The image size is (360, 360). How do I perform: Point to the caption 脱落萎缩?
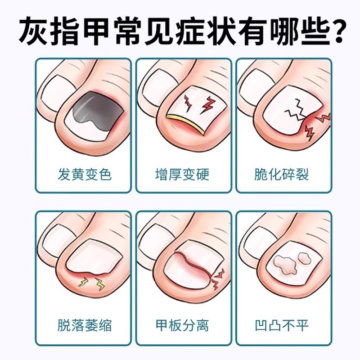(x=84, y=324)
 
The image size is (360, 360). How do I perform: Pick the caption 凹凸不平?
(x=280, y=324)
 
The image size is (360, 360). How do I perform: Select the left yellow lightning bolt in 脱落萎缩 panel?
(x=85, y=282)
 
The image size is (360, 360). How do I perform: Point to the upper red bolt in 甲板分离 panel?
(x=220, y=274)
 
